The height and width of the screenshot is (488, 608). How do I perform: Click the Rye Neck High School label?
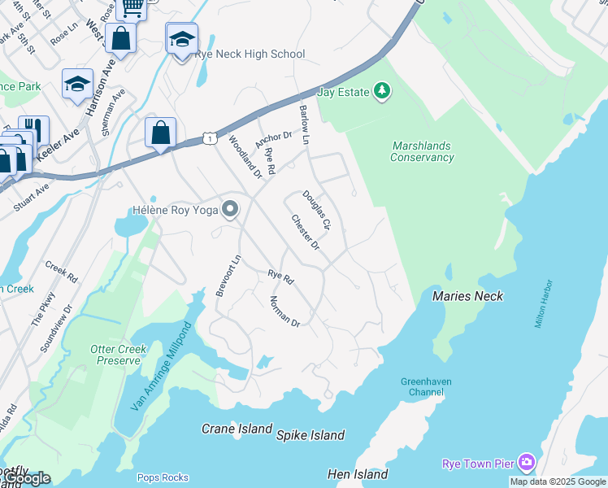[250, 54]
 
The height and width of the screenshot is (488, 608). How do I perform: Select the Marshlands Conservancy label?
[422, 151]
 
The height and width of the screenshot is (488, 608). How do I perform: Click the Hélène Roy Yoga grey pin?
[230, 210]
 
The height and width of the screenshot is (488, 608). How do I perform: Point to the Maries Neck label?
[467, 296]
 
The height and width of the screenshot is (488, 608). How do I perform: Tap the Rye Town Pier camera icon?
[526, 463]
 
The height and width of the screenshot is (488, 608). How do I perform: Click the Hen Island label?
[358, 474]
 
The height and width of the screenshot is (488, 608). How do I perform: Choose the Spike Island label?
[311, 435]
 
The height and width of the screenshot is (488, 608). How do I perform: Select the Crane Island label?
[237, 429]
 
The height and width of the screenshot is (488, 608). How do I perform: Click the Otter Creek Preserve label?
[119, 355]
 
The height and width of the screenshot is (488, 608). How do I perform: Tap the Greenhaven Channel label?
[425, 386]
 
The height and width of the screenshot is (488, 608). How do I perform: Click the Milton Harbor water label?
[544, 304]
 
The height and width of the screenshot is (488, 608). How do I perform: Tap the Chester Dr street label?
[308, 233]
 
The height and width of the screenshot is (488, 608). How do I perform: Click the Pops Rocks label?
[163, 477]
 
